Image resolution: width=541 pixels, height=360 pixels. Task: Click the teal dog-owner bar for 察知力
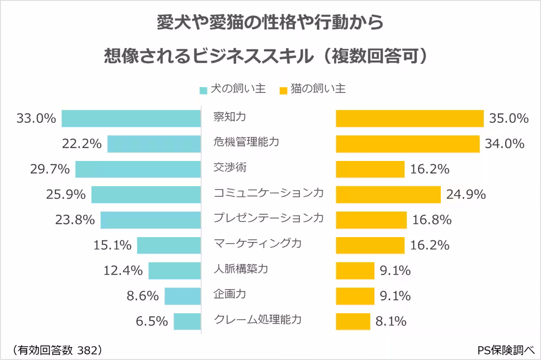point(131,118)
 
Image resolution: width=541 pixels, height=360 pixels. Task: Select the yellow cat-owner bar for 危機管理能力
point(408,144)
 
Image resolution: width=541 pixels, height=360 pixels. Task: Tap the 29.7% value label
point(50,169)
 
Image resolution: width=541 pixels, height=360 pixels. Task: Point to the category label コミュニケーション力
point(268,193)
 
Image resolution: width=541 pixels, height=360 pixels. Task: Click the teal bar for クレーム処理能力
point(187,321)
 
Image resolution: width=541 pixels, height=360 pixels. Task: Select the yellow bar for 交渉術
point(370,169)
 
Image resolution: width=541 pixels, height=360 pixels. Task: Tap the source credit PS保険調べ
point(505,349)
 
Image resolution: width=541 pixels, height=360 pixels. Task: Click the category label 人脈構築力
point(241,269)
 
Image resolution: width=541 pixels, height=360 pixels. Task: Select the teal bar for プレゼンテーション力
point(151,220)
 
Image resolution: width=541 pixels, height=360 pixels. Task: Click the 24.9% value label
point(465,194)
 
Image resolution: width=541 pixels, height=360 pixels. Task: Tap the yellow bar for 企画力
point(355,296)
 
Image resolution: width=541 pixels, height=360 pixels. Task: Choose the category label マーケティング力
point(257,243)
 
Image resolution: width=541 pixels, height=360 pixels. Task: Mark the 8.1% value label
point(391,321)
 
